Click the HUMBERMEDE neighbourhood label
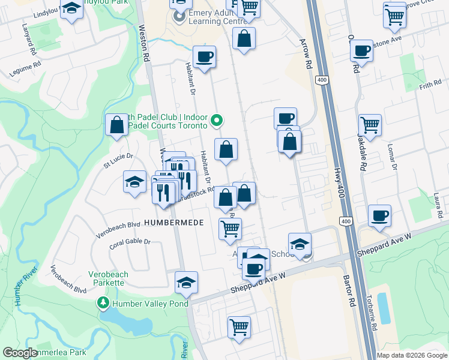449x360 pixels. pos(173,222)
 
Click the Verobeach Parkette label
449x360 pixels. pos(108,278)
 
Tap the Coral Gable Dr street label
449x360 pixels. pos(130,244)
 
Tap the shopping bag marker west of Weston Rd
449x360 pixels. pos(116,124)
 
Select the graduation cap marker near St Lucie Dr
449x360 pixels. pos(135,181)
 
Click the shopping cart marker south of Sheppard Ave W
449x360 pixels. pos(239,327)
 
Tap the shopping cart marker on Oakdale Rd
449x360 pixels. pos(370,125)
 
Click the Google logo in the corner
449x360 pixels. pos(20,353)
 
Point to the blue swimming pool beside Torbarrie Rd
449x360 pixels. pos(384,317)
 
